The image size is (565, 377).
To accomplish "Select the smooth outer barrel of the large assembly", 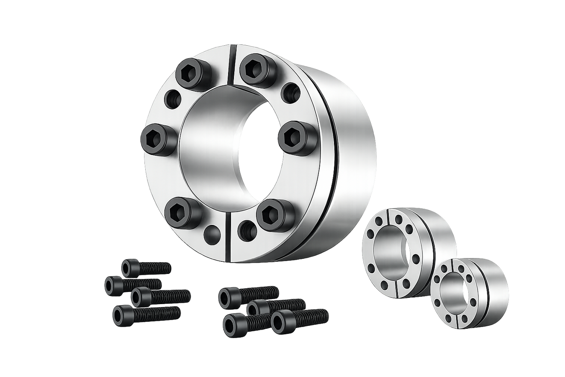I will click(352, 138).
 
